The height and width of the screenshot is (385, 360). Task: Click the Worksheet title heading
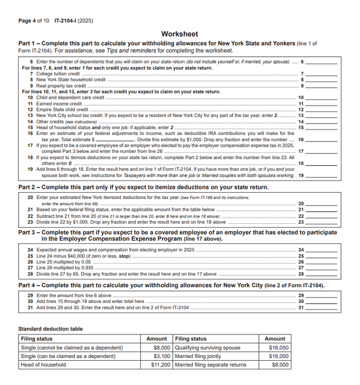click(179, 34)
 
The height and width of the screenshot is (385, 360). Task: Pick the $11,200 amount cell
click(159, 365)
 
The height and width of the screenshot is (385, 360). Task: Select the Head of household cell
click(43, 365)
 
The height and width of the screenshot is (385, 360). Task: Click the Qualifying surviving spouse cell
click(207, 348)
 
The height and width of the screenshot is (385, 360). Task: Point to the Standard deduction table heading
click(51, 329)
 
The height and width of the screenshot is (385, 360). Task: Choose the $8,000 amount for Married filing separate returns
click(280, 365)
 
